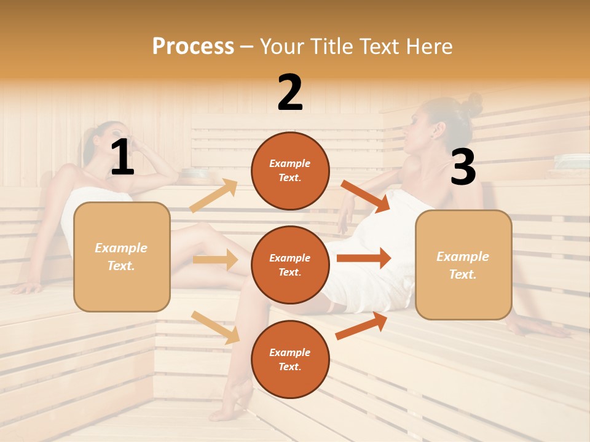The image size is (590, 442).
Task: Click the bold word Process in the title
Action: [193, 47]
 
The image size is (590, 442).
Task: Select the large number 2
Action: [290, 93]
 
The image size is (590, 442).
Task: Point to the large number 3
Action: [463, 168]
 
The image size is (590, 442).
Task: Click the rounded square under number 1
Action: [122, 257]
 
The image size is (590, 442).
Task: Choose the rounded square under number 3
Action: [463, 265]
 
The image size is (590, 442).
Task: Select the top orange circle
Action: [290, 171]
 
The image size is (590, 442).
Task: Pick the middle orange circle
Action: [290, 265]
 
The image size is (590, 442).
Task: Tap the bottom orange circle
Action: [290, 359]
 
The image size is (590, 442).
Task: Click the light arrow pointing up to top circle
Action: [214, 196]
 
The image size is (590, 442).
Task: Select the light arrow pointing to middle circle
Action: [215, 260]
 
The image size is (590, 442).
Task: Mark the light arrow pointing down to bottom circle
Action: [215, 327]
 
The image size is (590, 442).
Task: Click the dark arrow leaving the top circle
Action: [366, 196]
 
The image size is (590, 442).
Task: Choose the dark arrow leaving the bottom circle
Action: [361, 326]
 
